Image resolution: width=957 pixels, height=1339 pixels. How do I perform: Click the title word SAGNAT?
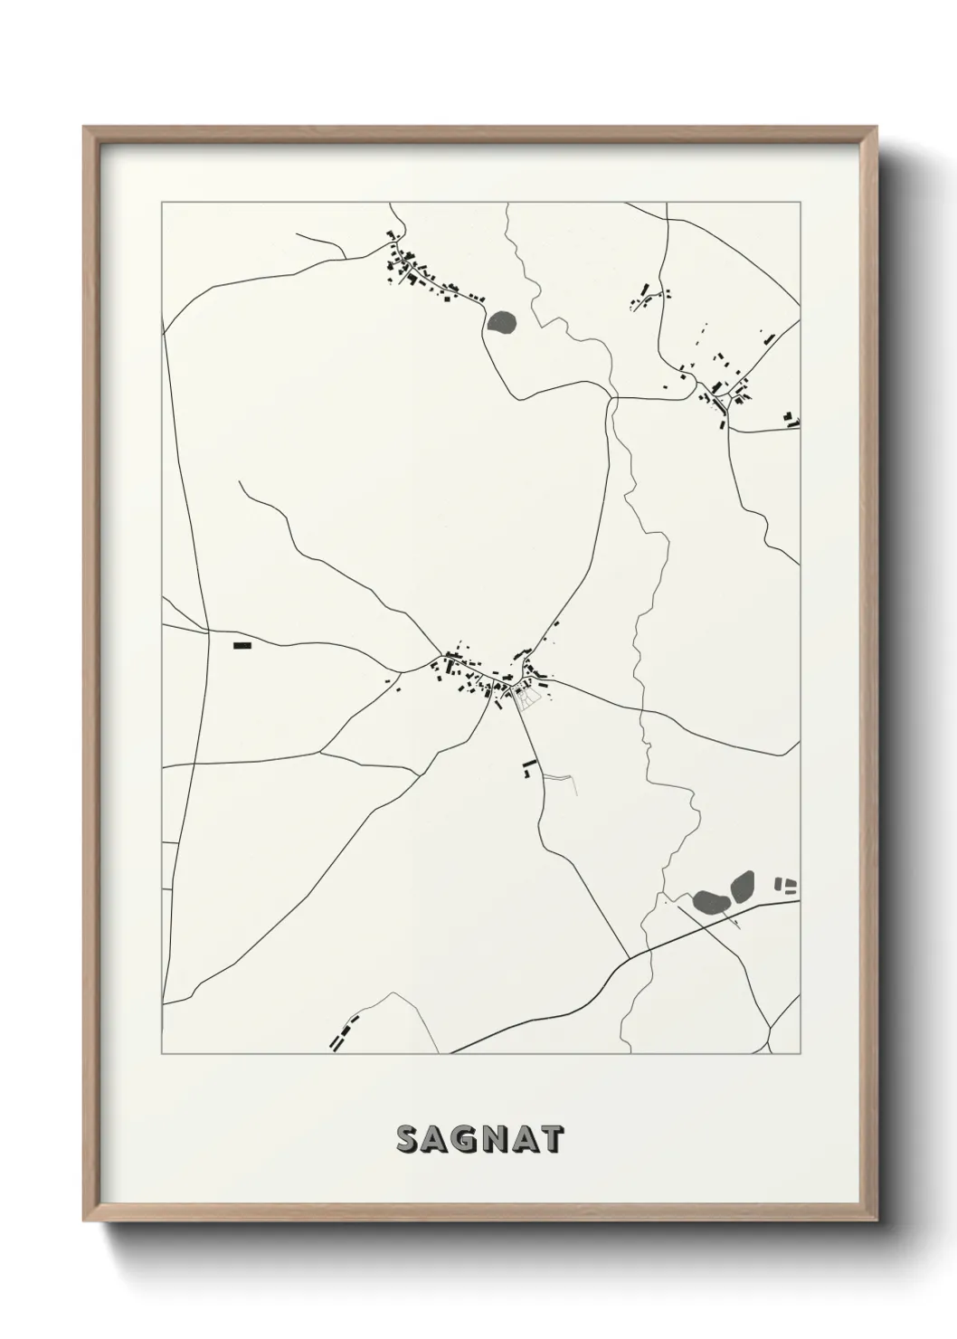tap(479, 1139)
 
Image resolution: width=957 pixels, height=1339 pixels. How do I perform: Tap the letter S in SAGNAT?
tap(407, 1140)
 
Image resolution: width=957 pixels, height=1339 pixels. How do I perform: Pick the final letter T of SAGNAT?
tap(552, 1140)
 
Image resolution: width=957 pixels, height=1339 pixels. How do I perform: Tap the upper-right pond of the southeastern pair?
tap(742, 885)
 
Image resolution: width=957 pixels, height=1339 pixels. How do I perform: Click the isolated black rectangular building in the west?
tap(241, 645)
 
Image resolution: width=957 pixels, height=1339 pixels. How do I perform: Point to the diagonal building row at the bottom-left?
tap(342, 1031)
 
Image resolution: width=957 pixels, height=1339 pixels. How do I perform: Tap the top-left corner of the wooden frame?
tap(86, 128)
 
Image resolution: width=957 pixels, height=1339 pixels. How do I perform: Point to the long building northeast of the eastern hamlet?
tap(769, 338)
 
